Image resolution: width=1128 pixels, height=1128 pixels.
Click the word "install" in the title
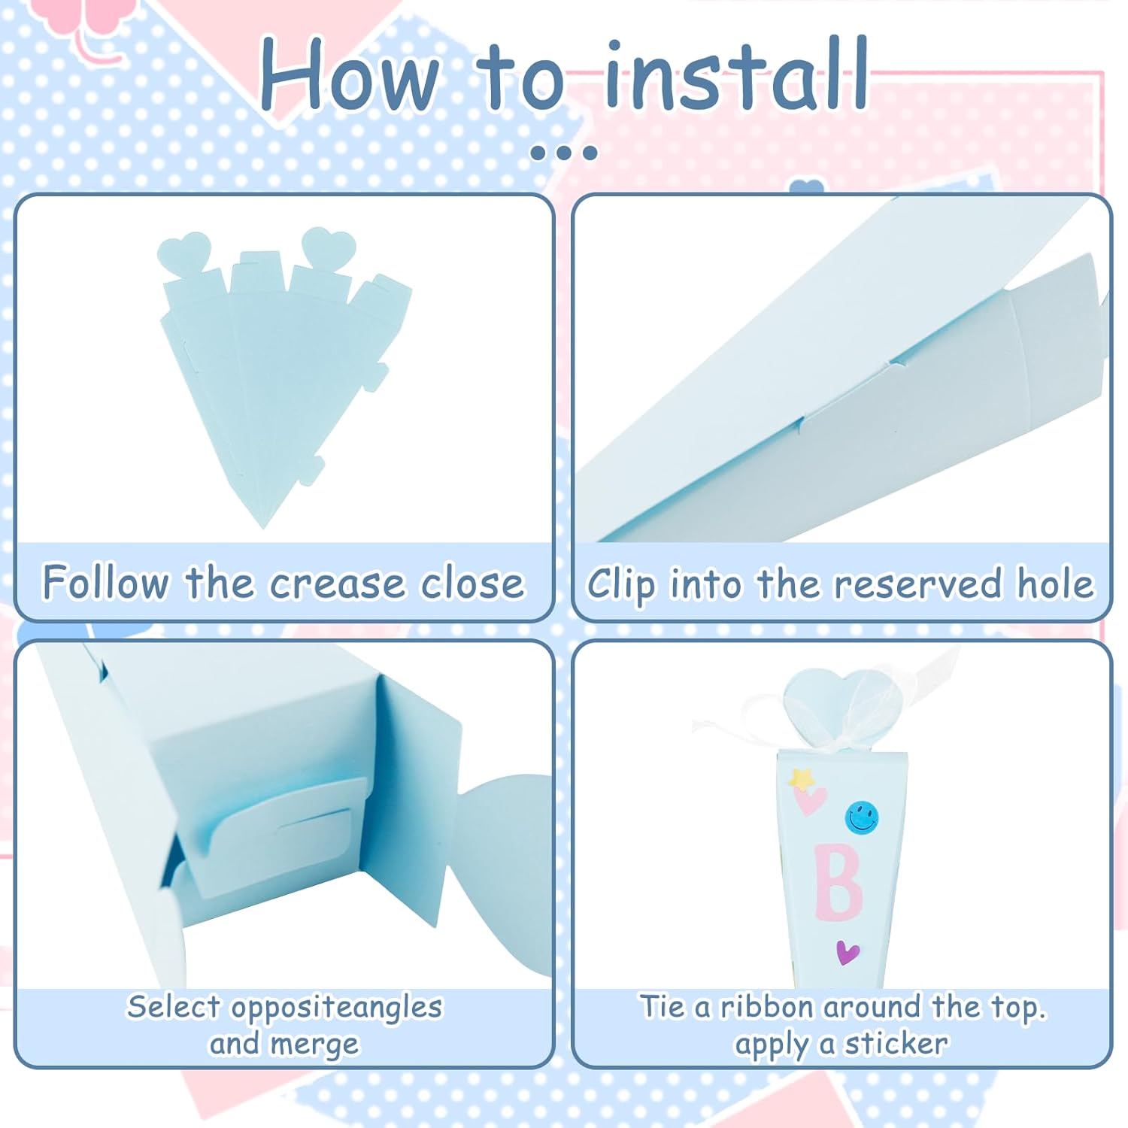pyautogui.click(x=736, y=74)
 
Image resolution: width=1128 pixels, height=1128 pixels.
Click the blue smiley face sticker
pyautogui.click(x=862, y=817)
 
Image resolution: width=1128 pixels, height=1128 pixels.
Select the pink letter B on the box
pyautogui.click(x=838, y=882)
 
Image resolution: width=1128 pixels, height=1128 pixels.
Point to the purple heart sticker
pyautogui.click(x=848, y=953)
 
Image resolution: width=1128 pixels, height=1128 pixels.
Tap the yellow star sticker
pyautogui.click(x=802, y=779)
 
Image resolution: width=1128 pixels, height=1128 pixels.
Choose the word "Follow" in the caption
pyautogui.click(x=106, y=583)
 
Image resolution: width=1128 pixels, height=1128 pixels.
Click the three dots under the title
pyautogui.click(x=563, y=153)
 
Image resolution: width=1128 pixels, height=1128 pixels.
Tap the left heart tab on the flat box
pyautogui.click(x=183, y=252)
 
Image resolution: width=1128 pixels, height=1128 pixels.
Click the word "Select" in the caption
pyautogui.click(x=174, y=1006)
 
